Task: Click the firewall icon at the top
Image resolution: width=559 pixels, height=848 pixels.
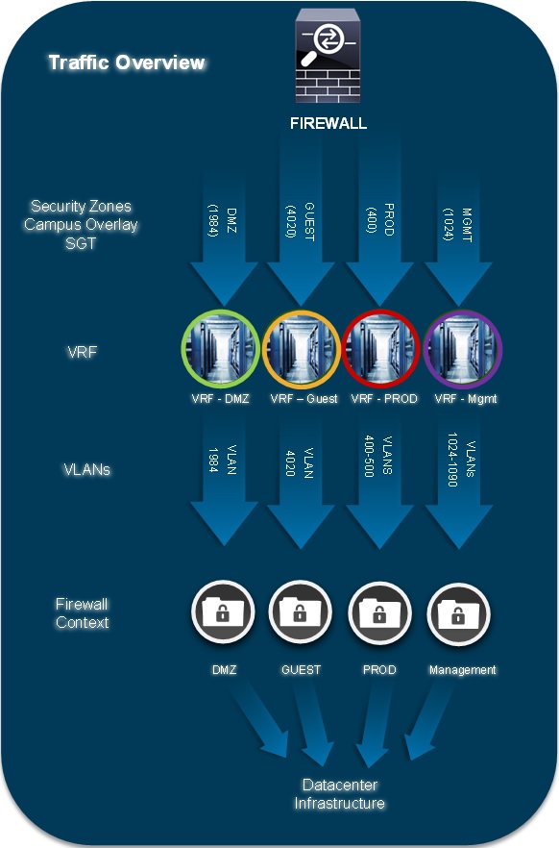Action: tap(328, 56)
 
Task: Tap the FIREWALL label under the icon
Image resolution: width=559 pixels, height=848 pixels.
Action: tap(328, 123)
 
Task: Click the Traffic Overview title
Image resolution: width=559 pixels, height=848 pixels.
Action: tap(127, 62)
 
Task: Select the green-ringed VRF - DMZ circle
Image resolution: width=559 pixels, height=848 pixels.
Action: tap(220, 349)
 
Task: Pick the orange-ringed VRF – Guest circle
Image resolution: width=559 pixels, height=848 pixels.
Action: tap(301, 349)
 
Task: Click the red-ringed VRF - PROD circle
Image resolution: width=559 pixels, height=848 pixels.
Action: tap(380, 349)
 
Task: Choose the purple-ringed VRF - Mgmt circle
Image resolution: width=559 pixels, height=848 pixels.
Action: tap(463, 349)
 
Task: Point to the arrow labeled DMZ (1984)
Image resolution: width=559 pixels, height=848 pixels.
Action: tap(224, 238)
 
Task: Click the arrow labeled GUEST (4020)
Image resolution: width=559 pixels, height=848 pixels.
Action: tap(301, 222)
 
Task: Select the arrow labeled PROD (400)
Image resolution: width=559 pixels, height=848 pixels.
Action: tap(379, 222)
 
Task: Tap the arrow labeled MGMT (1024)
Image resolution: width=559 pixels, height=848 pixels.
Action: tap(458, 238)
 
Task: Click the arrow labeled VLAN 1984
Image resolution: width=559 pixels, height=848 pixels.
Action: tap(224, 479)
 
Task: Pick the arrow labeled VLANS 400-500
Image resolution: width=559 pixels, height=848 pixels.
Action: tap(379, 479)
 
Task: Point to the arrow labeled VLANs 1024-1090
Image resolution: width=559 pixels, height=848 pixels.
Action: tap(458, 479)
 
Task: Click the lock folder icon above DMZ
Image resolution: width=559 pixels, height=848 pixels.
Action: tap(223, 613)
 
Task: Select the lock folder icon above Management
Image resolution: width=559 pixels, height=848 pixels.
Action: tap(458, 613)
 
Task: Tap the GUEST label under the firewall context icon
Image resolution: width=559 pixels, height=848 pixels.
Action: tap(301, 669)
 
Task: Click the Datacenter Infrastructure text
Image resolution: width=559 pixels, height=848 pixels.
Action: tap(340, 794)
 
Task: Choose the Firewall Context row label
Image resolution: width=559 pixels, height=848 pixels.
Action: tap(82, 613)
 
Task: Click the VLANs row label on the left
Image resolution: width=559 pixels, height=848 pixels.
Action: tap(87, 469)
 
